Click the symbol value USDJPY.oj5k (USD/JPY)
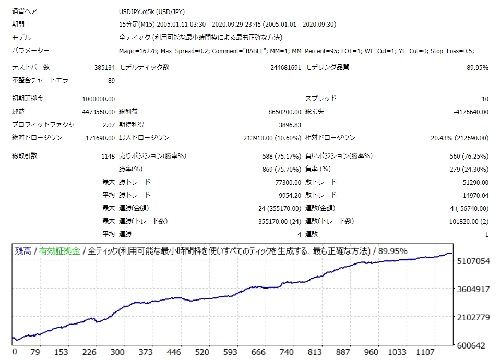pos(152,11)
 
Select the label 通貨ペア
pos(25,11)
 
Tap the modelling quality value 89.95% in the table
pos(477,67)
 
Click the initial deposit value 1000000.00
pos(99,99)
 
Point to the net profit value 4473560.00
pos(99,112)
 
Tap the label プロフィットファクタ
pos(43,125)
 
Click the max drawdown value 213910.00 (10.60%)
pos(272,138)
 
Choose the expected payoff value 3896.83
pos(290,125)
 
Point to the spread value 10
pos(485,99)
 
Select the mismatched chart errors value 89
pos(111,80)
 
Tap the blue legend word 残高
pos(22,251)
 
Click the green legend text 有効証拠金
pos(59,251)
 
